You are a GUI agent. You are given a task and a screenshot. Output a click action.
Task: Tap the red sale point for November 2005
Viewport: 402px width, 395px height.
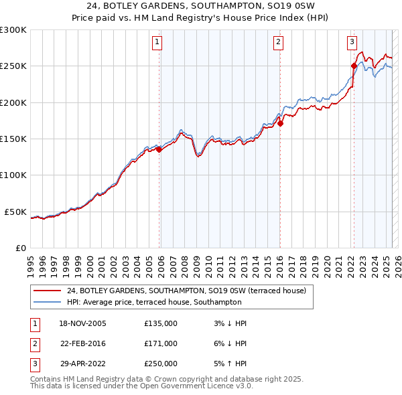point(159,150)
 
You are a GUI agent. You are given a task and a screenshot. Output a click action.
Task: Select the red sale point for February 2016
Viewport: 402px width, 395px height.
point(281,123)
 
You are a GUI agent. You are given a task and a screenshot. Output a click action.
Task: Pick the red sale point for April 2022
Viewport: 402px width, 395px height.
point(354,66)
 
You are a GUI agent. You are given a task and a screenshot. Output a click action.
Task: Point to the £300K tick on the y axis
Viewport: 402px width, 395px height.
point(13,30)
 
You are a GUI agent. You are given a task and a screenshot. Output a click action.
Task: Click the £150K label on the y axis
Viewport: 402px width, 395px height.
point(13,139)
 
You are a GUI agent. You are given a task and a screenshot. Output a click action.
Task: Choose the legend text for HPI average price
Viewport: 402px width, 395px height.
point(154,303)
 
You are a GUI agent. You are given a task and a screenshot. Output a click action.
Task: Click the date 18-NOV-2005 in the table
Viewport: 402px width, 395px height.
point(83,323)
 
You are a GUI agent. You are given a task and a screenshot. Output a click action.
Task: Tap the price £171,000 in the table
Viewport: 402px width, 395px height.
point(161,343)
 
